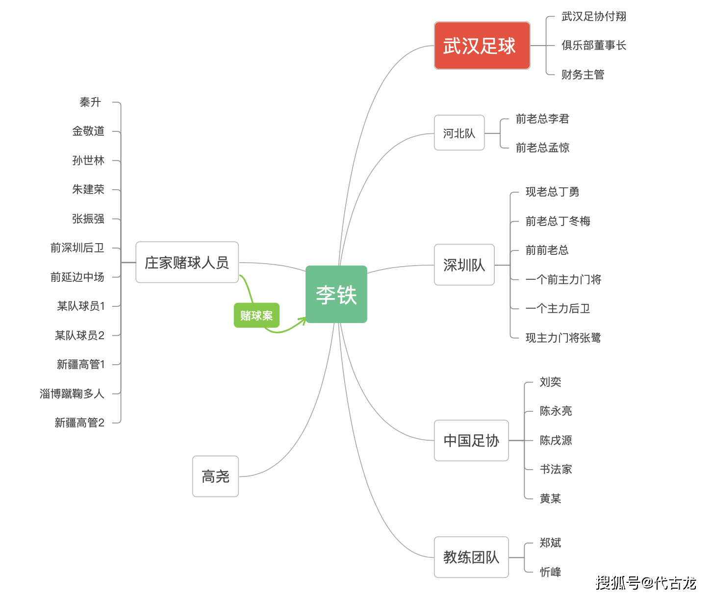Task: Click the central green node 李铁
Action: point(336,294)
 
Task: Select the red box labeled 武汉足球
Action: point(482,46)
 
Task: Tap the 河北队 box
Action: point(459,133)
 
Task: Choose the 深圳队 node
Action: point(464,265)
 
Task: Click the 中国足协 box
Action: point(471,440)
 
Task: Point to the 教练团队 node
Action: point(471,557)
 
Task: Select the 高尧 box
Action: point(215,476)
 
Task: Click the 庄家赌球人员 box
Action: point(187,262)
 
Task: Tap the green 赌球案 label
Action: point(256,315)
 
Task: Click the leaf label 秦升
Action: point(90,102)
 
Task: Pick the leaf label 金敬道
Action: point(88,131)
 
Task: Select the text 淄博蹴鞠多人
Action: point(72,393)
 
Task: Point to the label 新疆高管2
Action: point(79,423)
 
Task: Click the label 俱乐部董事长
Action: point(593,45)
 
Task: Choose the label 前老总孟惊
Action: point(542,148)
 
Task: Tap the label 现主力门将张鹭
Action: point(563,338)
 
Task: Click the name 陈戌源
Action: point(556,440)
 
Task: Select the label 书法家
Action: point(556,469)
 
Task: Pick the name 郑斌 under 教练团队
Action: point(550,543)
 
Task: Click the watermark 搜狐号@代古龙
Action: point(646,583)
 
